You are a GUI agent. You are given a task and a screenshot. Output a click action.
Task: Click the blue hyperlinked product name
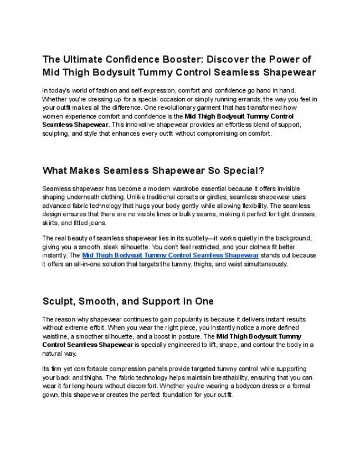(171, 255)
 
